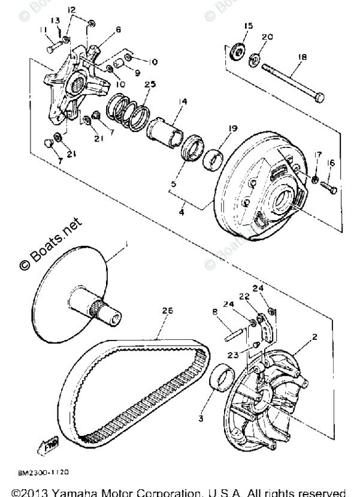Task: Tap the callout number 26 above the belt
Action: coord(167,311)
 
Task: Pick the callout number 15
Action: coord(249,26)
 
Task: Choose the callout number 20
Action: coord(268,37)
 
